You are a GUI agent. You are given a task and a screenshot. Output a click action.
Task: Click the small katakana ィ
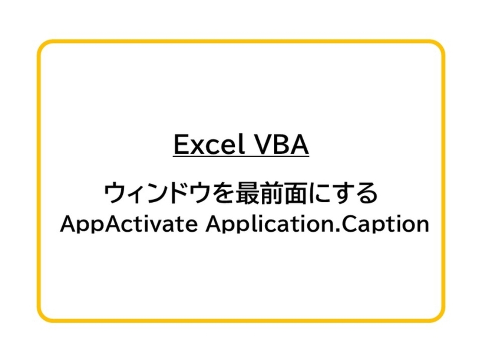[x=136, y=196]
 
